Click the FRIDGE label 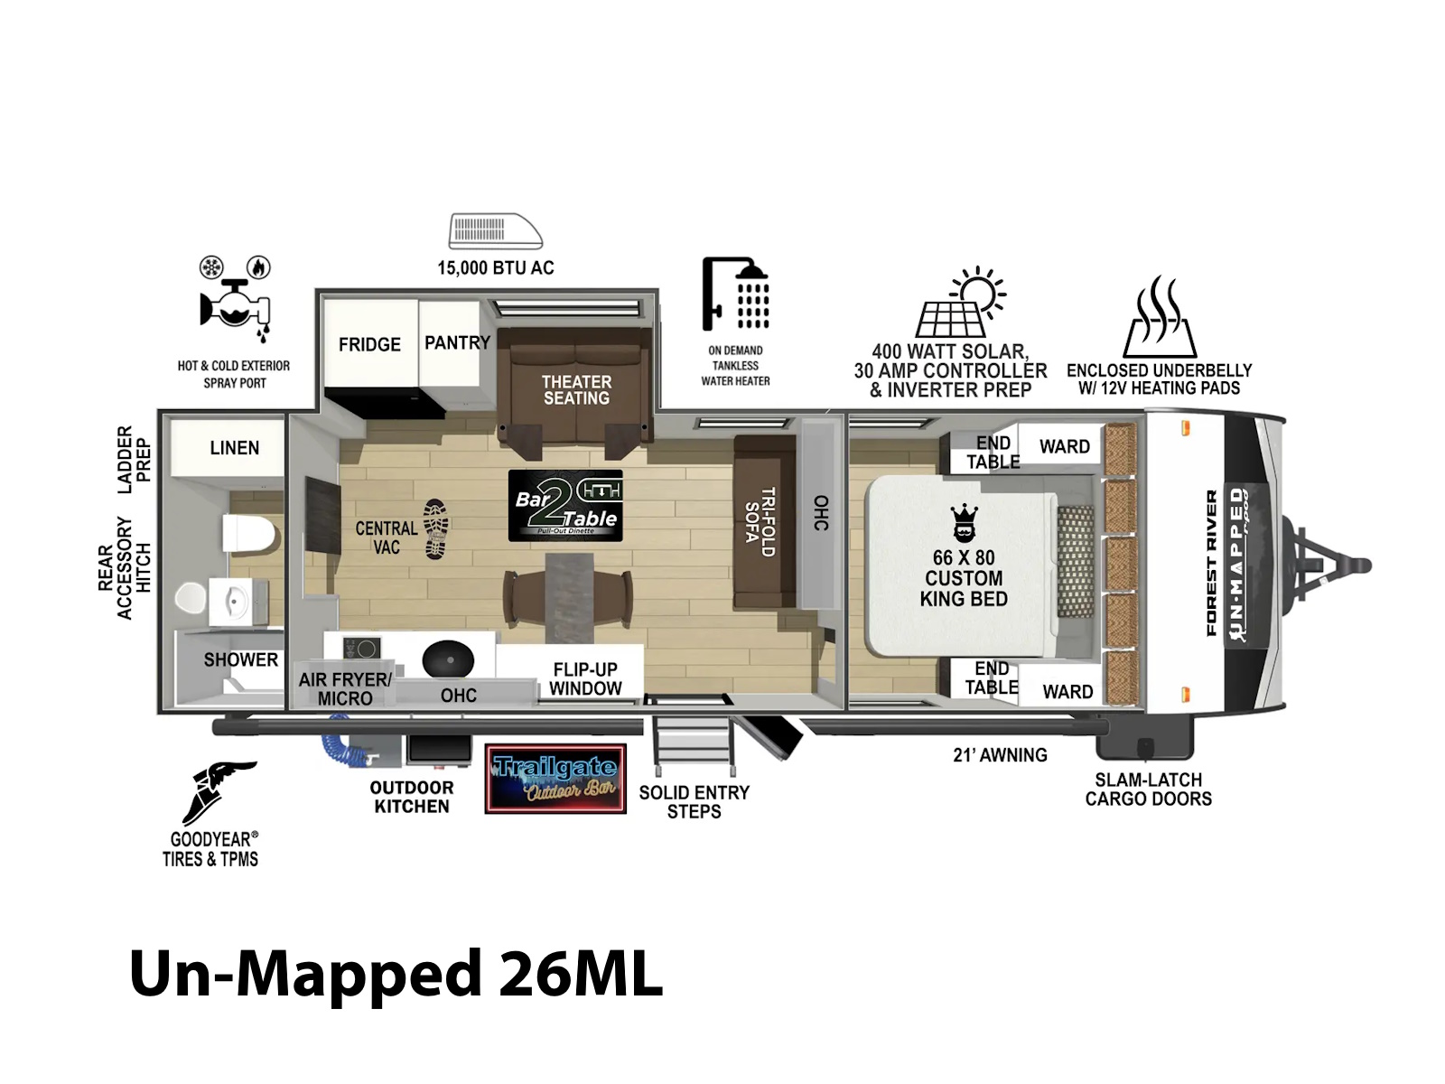(x=369, y=344)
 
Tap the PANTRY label (x=458, y=343)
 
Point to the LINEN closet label (x=234, y=448)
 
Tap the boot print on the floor (x=436, y=529)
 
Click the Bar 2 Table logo (x=565, y=506)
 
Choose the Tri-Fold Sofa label (x=760, y=522)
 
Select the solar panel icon (x=960, y=302)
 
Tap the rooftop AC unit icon (x=496, y=231)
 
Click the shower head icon (x=736, y=294)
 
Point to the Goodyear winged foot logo (x=218, y=792)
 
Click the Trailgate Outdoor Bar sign (x=555, y=780)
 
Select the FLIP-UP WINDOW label (x=585, y=679)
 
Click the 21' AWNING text (x=1000, y=755)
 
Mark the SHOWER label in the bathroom (x=241, y=659)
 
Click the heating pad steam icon (x=1160, y=316)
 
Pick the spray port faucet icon (x=235, y=300)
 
